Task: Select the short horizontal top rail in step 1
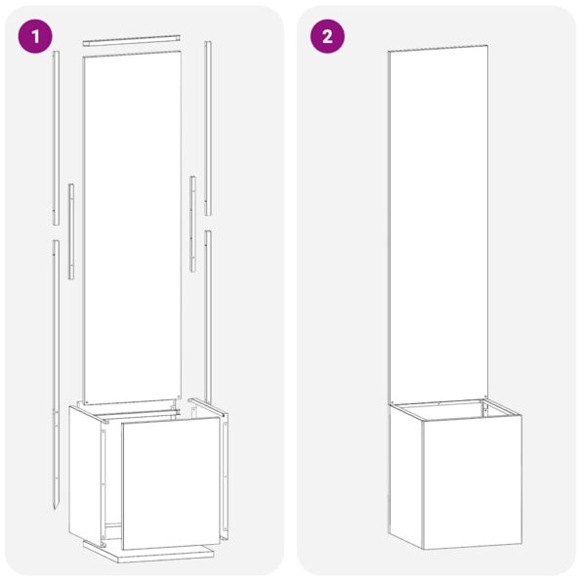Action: coord(132,41)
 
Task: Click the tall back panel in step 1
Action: coord(132,225)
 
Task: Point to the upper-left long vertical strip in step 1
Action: coord(57,137)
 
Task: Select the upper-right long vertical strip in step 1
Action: coord(208,127)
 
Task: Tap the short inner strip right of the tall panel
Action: coord(192,223)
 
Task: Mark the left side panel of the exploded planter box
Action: coord(86,469)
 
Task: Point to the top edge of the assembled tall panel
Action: coord(437,47)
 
